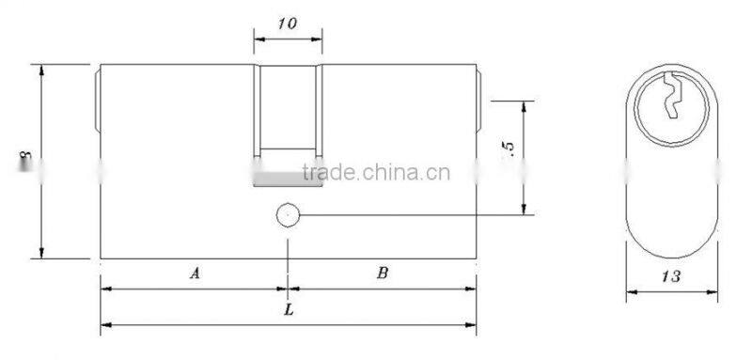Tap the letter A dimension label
click(x=195, y=274)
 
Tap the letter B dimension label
click(x=383, y=274)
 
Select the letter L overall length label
click(x=289, y=308)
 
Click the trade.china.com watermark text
click(x=375, y=172)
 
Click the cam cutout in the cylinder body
click(x=289, y=108)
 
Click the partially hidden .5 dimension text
click(x=509, y=149)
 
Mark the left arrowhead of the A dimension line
click(x=105, y=289)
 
